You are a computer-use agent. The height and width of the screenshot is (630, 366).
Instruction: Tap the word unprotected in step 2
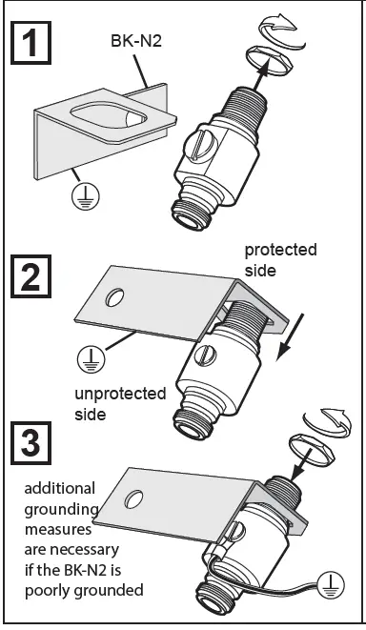tap(120, 395)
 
